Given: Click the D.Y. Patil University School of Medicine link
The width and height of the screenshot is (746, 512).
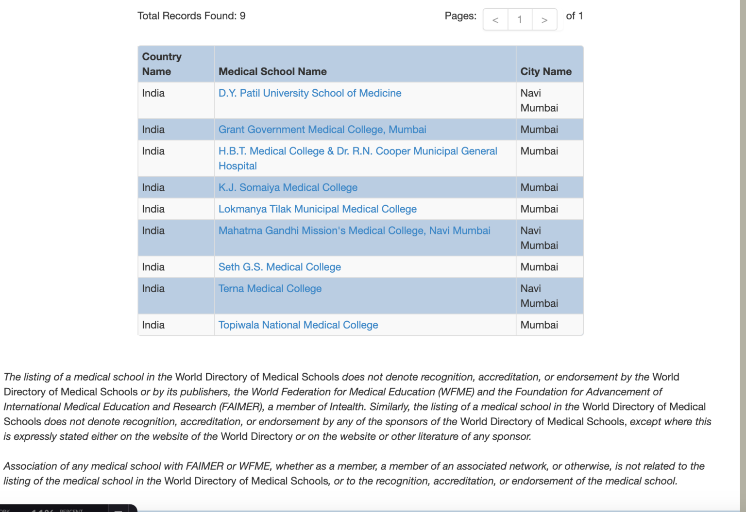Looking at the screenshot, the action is click(x=309, y=93).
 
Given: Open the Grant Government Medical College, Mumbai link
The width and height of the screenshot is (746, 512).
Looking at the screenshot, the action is click(x=322, y=130).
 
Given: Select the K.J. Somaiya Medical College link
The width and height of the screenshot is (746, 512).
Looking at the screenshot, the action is click(x=288, y=187).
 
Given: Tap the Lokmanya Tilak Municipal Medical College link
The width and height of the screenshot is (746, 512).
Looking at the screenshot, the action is click(x=317, y=209).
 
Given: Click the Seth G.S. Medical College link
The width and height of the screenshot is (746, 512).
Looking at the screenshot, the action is click(x=279, y=267).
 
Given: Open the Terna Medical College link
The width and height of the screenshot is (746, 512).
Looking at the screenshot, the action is click(x=270, y=289).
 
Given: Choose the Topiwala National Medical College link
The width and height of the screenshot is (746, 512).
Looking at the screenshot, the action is click(x=298, y=325).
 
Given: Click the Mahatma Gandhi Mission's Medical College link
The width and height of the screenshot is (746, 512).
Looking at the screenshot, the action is click(x=354, y=231).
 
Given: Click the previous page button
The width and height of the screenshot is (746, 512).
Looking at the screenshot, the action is click(x=495, y=20).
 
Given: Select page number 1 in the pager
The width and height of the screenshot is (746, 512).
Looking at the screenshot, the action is click(x=520, y=20).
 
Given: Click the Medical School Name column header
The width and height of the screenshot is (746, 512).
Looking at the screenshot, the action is click(x=272, y=72).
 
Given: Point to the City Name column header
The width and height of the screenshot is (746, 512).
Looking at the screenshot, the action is click(x=546, y=72).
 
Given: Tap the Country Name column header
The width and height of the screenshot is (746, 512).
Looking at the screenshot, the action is click(x=161, y=64).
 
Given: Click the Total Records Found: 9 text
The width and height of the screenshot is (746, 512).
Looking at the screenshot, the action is click(x=191, y=16).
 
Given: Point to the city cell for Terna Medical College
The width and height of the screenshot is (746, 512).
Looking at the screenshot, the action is click(x=539, y=296).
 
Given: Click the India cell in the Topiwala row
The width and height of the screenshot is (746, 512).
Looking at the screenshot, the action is click(x=153, y=325).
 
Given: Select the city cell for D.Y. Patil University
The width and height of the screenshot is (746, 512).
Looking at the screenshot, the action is click(x=539, y=100).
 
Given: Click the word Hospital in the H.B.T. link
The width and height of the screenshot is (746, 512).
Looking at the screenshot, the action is click(x=237, y=166).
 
